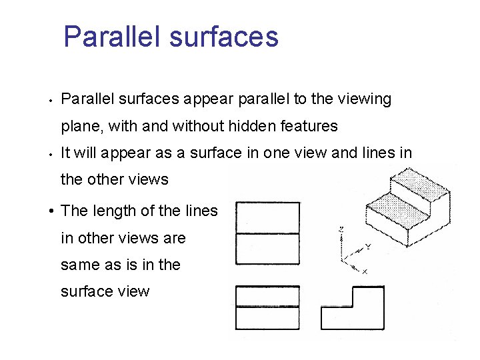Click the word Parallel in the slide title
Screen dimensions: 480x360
click(112, 37)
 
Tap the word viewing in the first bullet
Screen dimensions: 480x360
click(364, 99)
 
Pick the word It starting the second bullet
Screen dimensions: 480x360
click(66, 153)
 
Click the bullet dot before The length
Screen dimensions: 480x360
click(51, 212)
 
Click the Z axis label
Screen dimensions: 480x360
click(341, 229)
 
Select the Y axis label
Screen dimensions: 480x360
click(367, 246)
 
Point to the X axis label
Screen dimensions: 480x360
click(365, 271)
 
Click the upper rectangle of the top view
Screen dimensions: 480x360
click(268, 217)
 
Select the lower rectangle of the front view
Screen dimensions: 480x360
click(268, 318)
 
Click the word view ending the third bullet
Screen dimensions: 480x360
click(131, 291)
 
